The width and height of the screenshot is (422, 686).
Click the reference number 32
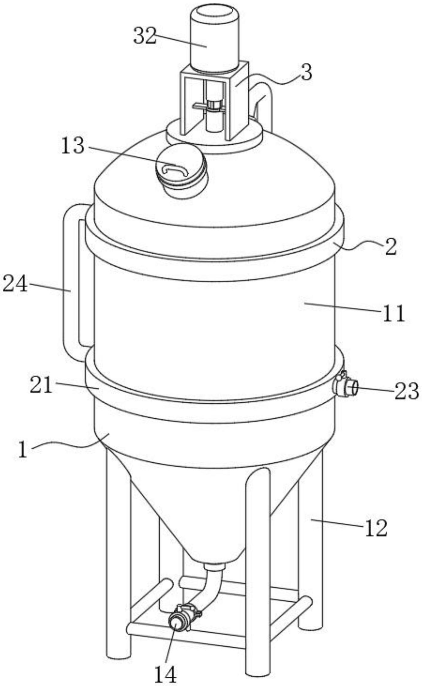[x=145, y=36]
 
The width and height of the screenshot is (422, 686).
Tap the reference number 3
[x=306, y=73]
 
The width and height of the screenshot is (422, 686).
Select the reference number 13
[x=73, y=146]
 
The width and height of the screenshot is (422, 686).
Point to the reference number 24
[x=15, y=284]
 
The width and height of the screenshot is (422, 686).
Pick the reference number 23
[x=406, y=391]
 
